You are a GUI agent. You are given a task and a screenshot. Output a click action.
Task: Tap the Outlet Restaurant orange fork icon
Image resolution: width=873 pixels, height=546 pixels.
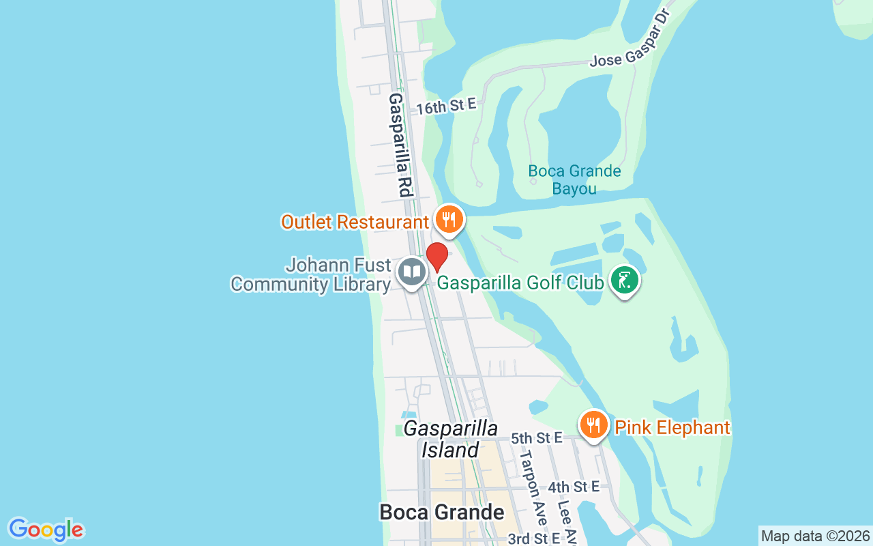[x=448, y=220]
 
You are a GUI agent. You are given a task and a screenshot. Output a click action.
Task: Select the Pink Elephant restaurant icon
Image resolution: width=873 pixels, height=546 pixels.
[x=594, y=425]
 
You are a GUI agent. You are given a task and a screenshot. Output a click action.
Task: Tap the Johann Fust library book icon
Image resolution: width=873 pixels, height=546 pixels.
[x=411, y=272]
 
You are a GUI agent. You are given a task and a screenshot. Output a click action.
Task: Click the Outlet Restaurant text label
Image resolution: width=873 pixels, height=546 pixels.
[x=355, y=222]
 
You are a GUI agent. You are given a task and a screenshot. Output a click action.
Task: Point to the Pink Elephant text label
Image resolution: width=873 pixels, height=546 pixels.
[x=672, y=428]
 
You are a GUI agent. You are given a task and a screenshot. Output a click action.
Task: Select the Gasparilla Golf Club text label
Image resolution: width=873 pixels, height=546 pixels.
[x=520, y=283]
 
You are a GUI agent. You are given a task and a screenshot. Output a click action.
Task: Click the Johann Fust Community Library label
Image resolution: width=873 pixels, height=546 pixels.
[x=311, y=274]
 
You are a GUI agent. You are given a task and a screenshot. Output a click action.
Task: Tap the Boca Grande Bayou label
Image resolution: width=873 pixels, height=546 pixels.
[x=575, y=179]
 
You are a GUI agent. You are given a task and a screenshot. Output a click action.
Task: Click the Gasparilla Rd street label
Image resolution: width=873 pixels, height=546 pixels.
[x=400, y=145]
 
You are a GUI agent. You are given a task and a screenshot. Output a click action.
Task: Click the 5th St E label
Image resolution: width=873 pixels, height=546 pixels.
[x=536, y=437]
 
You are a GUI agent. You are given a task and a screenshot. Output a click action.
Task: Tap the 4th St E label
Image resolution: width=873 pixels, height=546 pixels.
[x=574, y=487]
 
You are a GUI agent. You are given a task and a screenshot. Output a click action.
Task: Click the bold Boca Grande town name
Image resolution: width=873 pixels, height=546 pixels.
[x=442, y=512]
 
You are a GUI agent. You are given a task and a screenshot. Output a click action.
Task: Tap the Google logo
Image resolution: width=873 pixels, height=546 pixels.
[x=46, y=530]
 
